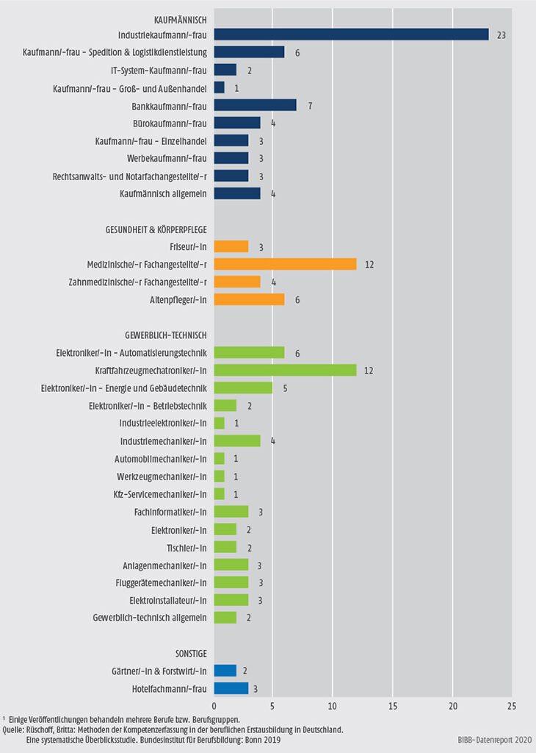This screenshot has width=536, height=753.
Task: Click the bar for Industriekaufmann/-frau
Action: click(x=351, y=35)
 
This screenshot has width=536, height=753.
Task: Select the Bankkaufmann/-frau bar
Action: click(x=255, y=105)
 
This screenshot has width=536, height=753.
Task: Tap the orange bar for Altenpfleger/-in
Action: click(x=249, y=299)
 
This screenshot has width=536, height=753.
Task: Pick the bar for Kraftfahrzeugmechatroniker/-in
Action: click(x=285, y=370)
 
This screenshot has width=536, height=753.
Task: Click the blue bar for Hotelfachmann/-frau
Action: click(x=231, y=688)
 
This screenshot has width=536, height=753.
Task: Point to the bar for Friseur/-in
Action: click(x=231, y=246)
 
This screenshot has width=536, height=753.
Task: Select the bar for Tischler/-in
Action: click(x=225, y=547)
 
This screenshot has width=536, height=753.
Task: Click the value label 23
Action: click(x=501, y=35)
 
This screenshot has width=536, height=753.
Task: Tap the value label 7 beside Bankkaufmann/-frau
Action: click(x=311, y=105)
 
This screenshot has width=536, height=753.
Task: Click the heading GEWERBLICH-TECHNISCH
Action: click(x=163, y=335)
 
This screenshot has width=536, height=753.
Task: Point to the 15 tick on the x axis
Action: click(x=393, y=705)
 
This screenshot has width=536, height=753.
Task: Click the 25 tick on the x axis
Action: click(x=512, y=705)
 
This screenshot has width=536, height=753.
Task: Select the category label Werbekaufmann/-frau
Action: click(x=166, y=158)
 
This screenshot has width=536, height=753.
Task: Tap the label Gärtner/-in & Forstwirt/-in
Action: click(x=154, y=671)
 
